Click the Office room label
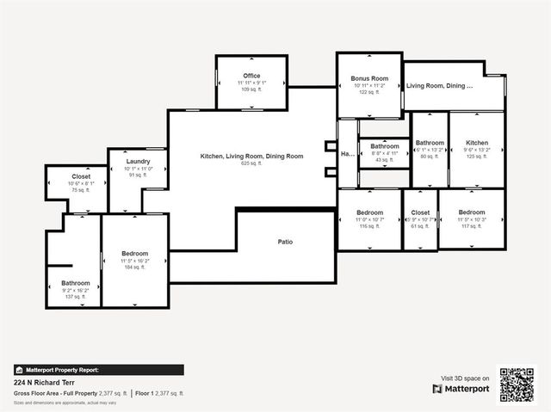tap(251, 76)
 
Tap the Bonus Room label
tap(369, 78)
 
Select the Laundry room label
tap(139, 162)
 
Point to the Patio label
tap(285, 242)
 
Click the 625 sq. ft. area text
tap(251, 163)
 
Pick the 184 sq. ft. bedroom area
tap(135, 267)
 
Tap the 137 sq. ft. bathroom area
tap(76, 297)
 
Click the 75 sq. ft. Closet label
tap(81, 176)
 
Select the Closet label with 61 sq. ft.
tap(420, 212)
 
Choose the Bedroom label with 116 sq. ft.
tap(370, 212)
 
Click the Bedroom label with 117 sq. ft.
tap(472, 212)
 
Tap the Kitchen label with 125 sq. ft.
tap(477, 143)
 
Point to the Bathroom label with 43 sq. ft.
tap(385, 146)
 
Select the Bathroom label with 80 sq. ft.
tap(430, 143)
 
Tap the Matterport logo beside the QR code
tap(461, 389)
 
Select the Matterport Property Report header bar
tap(98, 370)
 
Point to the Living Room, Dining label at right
tap(440, 86)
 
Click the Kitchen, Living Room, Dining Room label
tap(251, 156)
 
